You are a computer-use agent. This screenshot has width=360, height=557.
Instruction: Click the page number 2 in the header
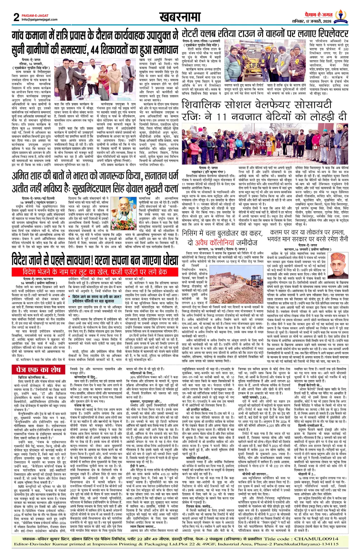(x=16, y=17)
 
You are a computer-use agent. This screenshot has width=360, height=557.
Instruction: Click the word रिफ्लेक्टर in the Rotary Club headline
(x=329, y=34)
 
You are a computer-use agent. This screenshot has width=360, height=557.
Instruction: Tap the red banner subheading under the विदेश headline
(x=94, y=272)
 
